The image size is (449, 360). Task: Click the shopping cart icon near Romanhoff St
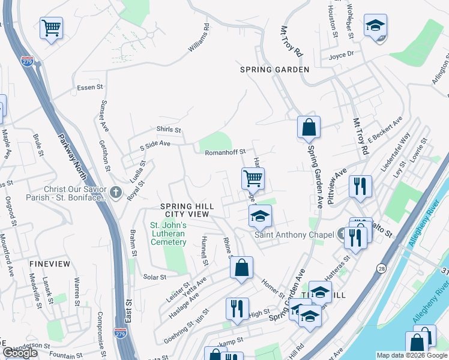click(253, 178)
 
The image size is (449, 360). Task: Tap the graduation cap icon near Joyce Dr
click(375, 26)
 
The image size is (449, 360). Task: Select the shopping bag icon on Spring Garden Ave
click(309, 127)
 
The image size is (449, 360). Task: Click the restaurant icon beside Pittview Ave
click(360, 185)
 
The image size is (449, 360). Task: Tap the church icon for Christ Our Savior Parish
click(116, 193)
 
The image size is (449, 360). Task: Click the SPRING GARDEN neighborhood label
click(274, 70)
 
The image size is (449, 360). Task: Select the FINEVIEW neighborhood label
click(49, 264)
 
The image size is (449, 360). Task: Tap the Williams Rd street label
click(199, 38)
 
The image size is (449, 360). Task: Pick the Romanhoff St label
click(222, 152)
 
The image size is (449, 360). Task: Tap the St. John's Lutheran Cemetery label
click(169, 233)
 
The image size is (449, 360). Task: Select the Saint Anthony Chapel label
click(294, 235)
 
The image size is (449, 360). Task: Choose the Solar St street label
click(154, 277)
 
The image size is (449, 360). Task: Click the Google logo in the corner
click(20, 353)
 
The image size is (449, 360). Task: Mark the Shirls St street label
click(169, 130)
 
